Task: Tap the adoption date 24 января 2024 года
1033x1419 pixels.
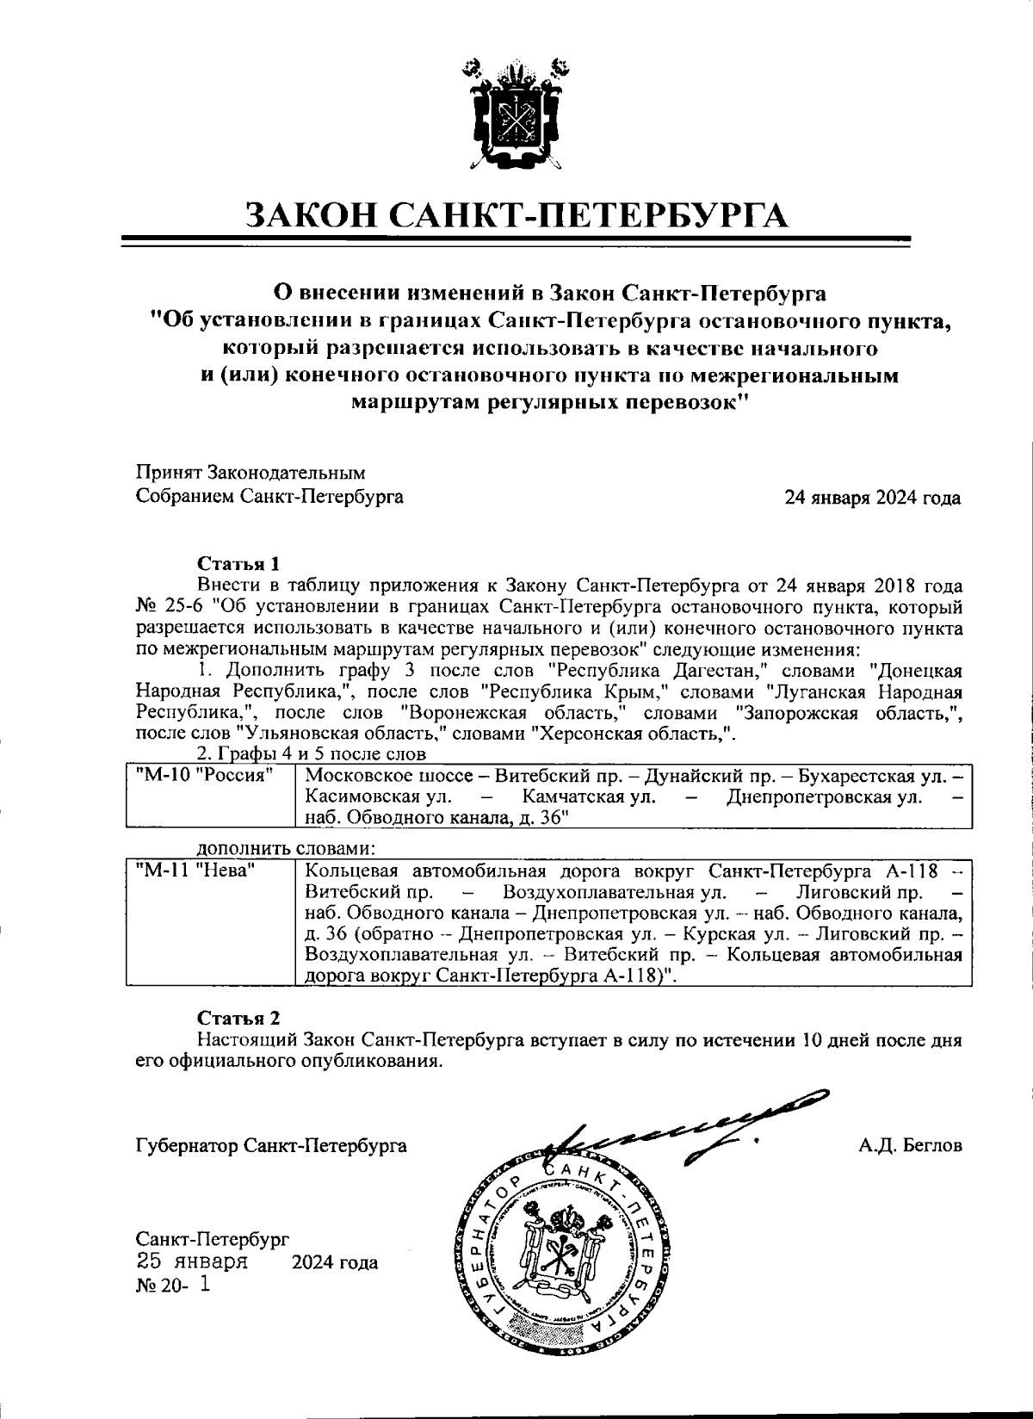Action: pyautogui.click(x=872, y=498)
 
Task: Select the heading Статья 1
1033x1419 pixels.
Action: pyautogui.click(x=238, y=564)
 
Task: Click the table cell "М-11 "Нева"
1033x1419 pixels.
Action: pyautogui.click(x=195, y=872)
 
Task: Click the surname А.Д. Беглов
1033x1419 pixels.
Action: pyautogui.click(x=909, y=1146)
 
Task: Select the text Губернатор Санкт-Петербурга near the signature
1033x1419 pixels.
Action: pyautogui.click(x=271, y=1146)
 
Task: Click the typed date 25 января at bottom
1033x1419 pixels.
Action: pyautogui.click(x=193, y=1263)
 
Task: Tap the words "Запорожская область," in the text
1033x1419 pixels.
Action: pyautogui.click(x=848, y=714)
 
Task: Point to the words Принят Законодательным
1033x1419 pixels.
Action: pyautogui.click(x=251, y=474)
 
